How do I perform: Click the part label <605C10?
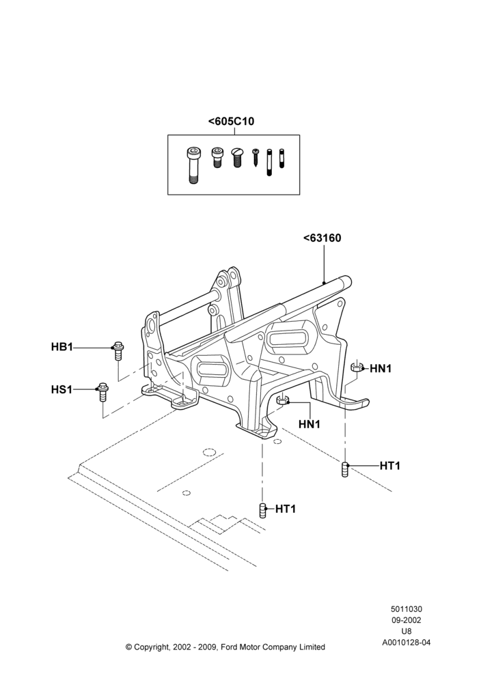pyautogui.click(x=231, y=121)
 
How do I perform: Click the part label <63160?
pyautogui.click(x=322, y=238)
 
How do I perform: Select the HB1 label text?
pyautogui.click(x=62, y=347)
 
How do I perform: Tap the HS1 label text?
pyautogui.click(x=61, y=389)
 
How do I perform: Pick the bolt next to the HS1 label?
pyautogui.click(x=102, y=393)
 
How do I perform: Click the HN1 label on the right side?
pyautogui.click(x=381, y=369)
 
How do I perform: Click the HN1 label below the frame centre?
pyautogui.click(x=310, y=423)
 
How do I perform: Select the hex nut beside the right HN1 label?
pyautogui.click(x=357, y=367)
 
